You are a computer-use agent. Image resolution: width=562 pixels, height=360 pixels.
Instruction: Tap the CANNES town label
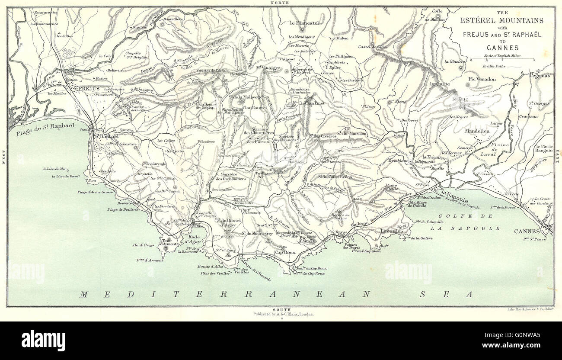click(527, 231)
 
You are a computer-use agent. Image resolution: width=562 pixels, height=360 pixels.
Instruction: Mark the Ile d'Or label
click(141, 245)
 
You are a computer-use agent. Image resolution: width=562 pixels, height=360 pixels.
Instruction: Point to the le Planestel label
click(305, 23)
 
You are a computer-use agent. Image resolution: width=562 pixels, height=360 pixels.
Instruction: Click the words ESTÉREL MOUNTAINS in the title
click(501, 20)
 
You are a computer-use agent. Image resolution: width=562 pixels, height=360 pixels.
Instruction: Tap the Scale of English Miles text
click(501, 56)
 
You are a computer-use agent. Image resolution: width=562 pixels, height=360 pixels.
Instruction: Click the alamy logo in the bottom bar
click(43, 340)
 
